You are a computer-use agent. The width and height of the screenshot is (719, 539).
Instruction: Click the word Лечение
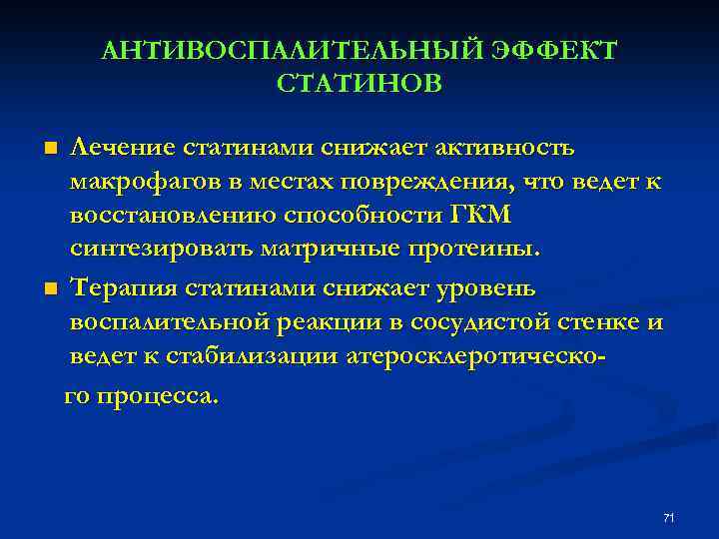pyautogui.click(x=122, y=148)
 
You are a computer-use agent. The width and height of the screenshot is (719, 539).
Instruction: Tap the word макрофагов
pyautogui.click(x=141, y=183)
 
